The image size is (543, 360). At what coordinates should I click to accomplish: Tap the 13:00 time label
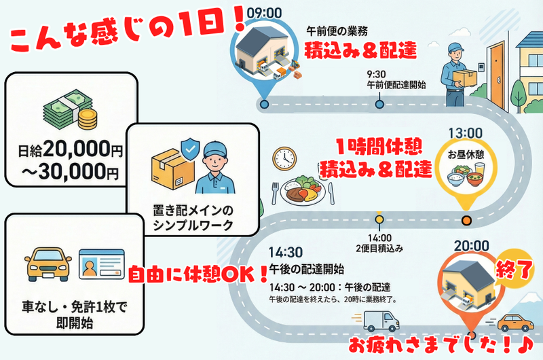point(466,132)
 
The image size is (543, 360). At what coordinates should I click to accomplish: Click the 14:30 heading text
point(285,250)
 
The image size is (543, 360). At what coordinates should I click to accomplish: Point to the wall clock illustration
point(284,158)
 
